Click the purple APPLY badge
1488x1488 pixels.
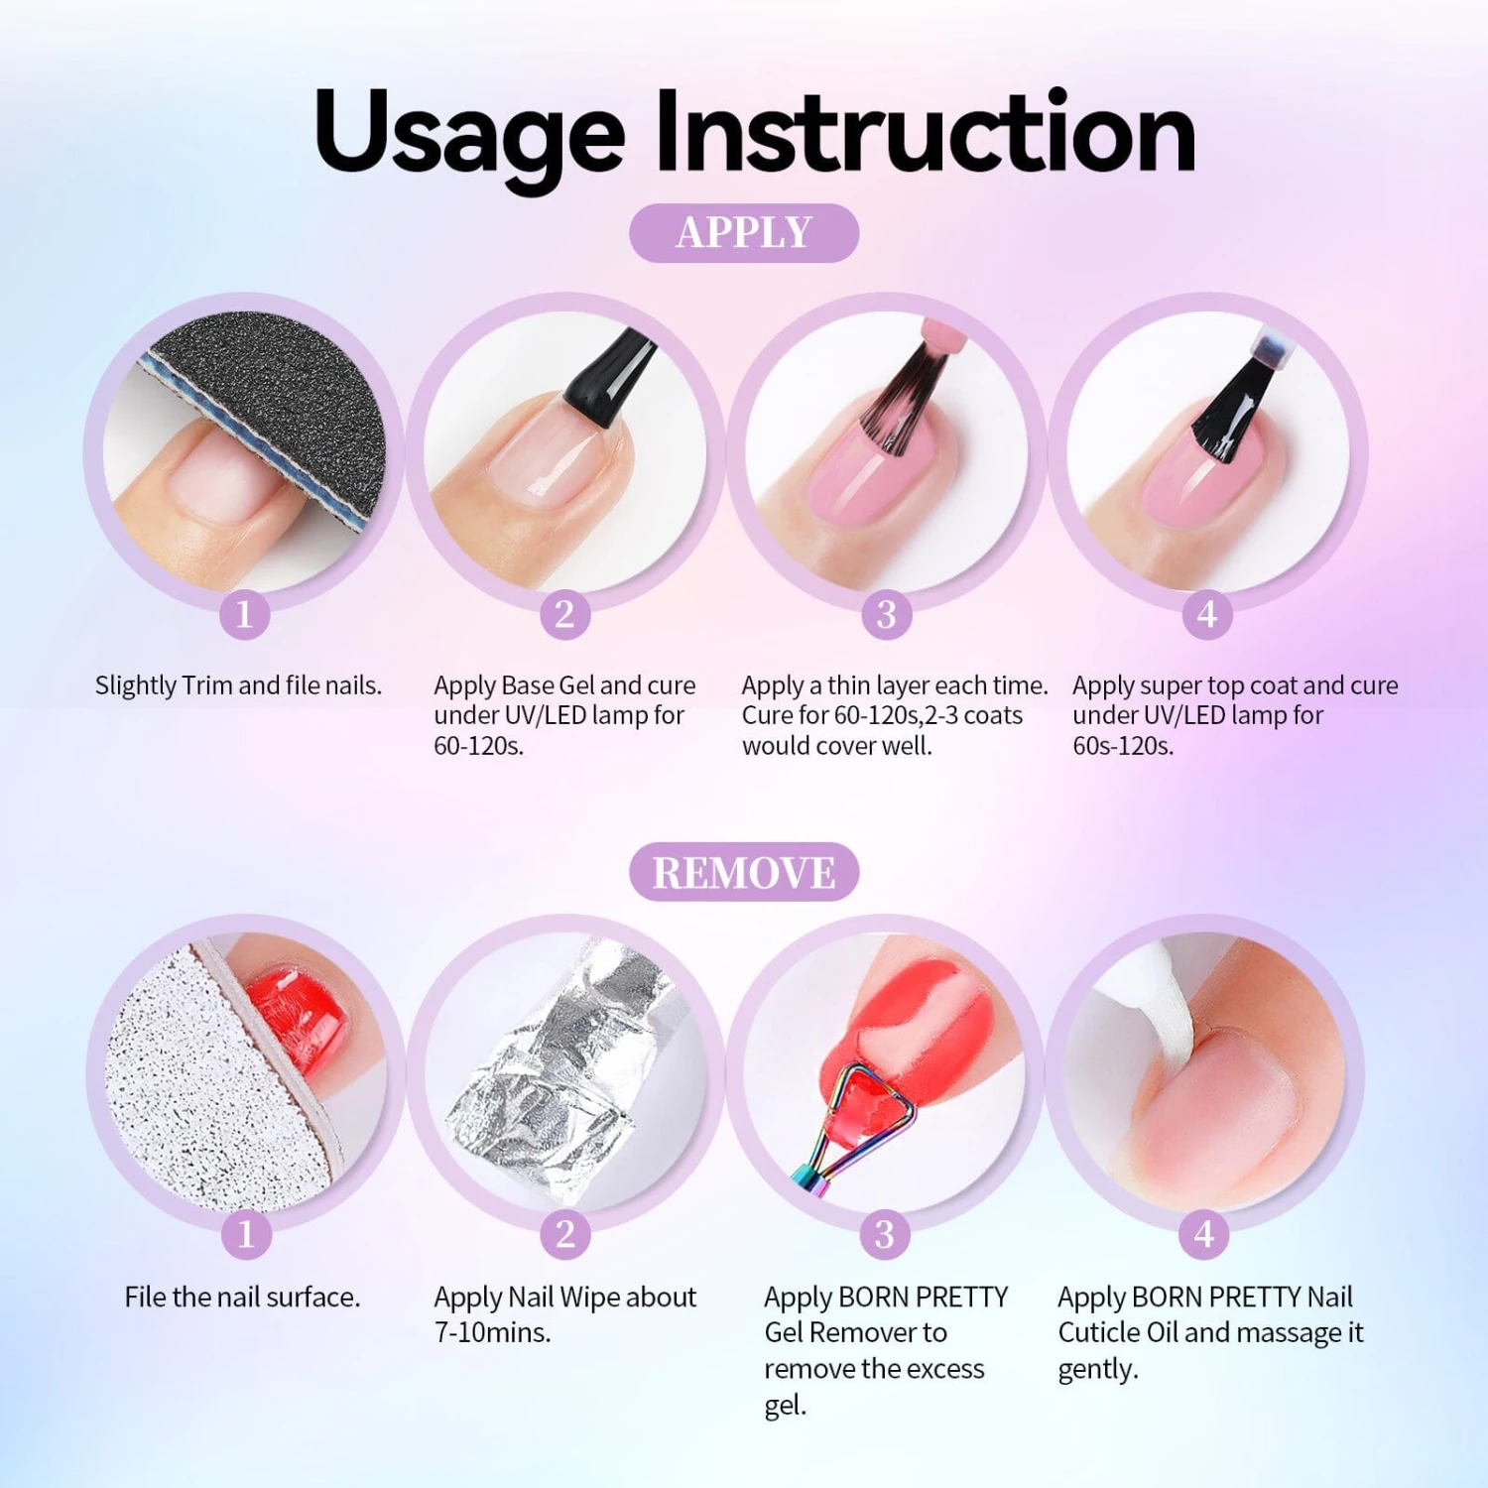pos(744,233)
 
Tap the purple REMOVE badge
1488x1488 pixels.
pos(744,872)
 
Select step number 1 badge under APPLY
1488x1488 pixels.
pos(244,614)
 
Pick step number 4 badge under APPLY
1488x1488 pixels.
pos(1206,614)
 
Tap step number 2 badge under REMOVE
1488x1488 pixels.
pos(564,1234)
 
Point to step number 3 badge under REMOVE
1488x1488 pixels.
pos(884,1234)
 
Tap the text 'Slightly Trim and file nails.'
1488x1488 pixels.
pos(238,685)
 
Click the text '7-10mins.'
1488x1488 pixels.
pos(492,1332)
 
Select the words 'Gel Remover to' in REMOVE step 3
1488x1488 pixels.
pos(855,1332)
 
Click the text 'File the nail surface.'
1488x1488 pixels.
pos(242,1297)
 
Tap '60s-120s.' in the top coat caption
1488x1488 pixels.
pos(1123,746)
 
